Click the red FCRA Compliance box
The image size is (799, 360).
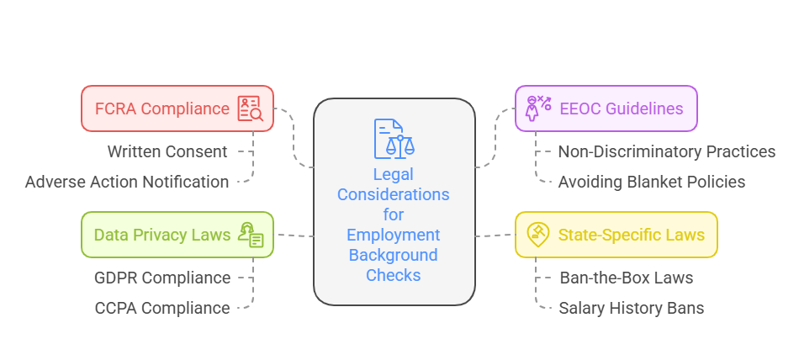[177, 109]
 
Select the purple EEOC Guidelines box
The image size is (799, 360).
[606, 109]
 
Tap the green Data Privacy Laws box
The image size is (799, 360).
[177, 235]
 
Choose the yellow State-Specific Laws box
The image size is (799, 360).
[616, 235]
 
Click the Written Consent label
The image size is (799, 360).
[167, 151]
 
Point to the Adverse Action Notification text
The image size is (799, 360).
[127, 182]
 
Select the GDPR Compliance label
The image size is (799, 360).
[162, 278]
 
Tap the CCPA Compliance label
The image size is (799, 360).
[162, 308]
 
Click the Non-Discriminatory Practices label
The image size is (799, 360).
[667, 151]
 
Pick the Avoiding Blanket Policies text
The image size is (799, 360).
[652, 182]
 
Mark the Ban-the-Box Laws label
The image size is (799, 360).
[627, 278]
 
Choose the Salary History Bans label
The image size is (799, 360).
[632, 308]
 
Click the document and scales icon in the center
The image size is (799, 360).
[393, 139]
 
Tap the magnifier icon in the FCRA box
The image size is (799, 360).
[250, 109]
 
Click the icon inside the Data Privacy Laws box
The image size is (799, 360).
[251, 235]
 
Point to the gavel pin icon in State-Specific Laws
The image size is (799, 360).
[537, 234]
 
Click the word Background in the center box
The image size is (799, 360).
[394, 255]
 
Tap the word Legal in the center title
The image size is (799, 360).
[394, 175]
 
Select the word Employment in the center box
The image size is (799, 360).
[394, 235]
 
